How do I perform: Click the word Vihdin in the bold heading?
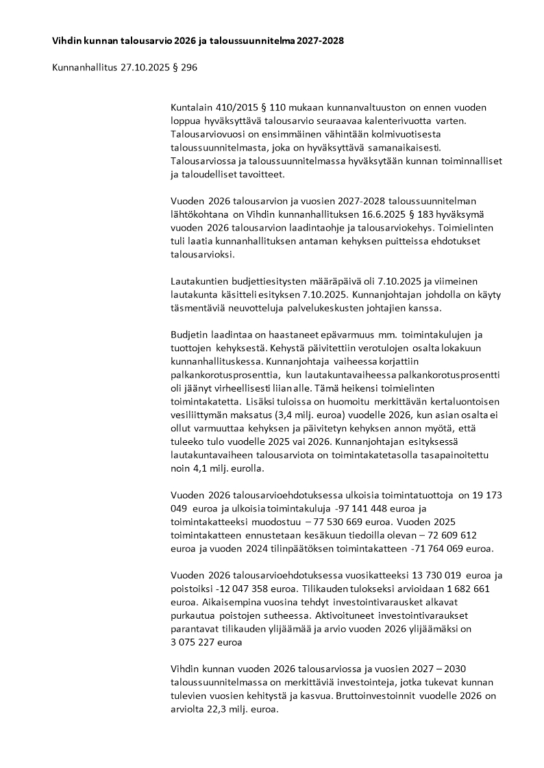(x=66, y=41)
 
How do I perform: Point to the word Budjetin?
(x=189, y=334)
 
